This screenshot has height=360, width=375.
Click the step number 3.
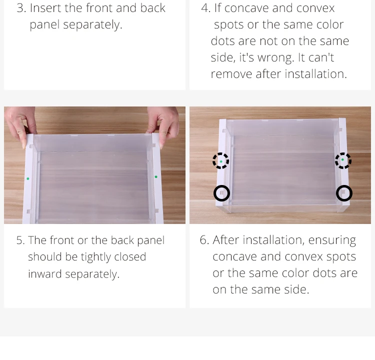click(20, 8)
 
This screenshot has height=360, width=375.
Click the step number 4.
click(205, 8)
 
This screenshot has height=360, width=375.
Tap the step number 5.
click(20, 240)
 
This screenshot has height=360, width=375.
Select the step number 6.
click(204, 240)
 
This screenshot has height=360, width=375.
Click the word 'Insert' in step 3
click(45, 8)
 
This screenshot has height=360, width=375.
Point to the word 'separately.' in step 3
click(92, 25)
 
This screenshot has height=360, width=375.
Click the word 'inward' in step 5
click(44, 274)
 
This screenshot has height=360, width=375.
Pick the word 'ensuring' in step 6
click(332, 240)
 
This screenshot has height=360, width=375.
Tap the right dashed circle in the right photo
click(343, 153)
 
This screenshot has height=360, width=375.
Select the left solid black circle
click(221, 186)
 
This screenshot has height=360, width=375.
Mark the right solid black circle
click(344, 186)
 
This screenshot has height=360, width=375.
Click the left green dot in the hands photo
click(28, 178)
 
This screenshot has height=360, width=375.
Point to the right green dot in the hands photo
click(156, 177)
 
